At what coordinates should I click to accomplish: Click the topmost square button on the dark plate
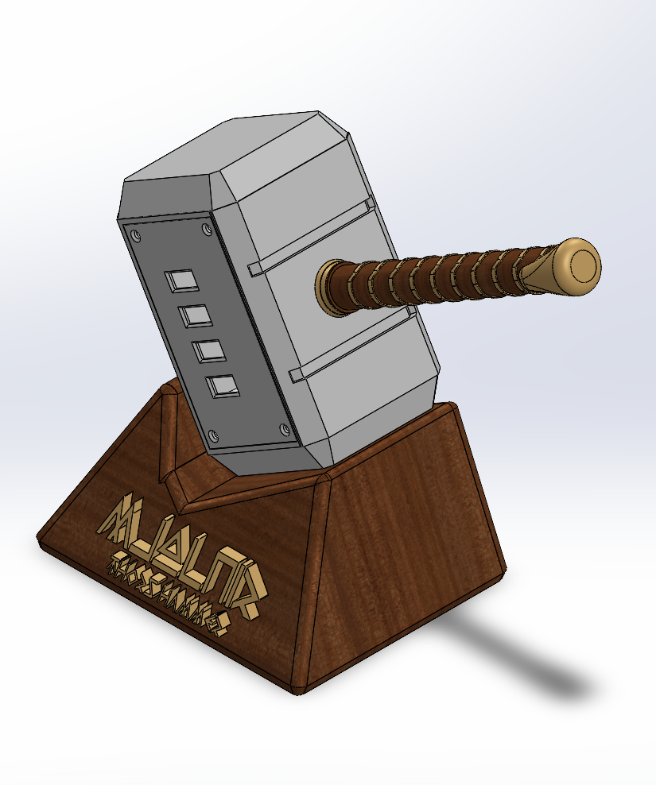[181, 280]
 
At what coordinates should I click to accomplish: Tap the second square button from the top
[194, 316]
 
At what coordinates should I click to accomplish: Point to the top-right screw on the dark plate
[208, 230]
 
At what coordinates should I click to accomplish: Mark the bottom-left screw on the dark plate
[213, 435]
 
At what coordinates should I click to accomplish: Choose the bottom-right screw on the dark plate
[286, 430]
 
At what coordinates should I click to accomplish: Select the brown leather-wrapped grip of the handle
[429, 278]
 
